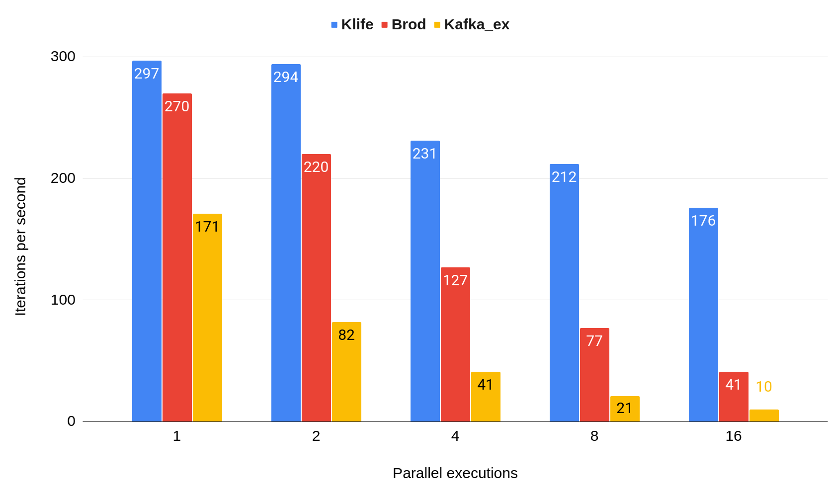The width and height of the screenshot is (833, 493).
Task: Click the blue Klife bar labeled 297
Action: pyautogui.click(x=147, y=241)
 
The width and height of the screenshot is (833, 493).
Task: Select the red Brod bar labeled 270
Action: pyautogui.click(x=177, y=257)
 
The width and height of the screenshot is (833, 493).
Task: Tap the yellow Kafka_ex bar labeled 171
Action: pyautogui.click(x=207, y=318)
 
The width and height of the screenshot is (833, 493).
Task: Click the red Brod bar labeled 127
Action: pyautogui.click(x=455, y=344)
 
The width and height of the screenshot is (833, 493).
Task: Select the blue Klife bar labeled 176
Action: pyautogui.click(x=703, y=315)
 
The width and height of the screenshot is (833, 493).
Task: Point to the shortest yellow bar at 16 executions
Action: pyautogui.click(x=764, y=415)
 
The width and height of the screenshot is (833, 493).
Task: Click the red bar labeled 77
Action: pyautogui.click(x=594, y=375)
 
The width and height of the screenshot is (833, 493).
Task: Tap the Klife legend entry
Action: pyautogui.click(x=352, y=24)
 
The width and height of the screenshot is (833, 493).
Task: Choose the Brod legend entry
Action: pyautogui.click(x=404, y=24)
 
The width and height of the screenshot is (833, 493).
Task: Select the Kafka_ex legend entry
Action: pyautogui.click(x=472, y=24)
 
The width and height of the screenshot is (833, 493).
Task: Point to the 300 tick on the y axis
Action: pyautogui.click(x=63, y=56)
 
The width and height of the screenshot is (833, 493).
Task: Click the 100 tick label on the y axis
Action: pyautogui.click(x=63, y=300)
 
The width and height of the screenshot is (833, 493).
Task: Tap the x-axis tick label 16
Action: pyautogui.click(x=733, y=436)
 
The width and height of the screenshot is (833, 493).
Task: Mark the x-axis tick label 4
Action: pyautogui.click(x=455, y=436)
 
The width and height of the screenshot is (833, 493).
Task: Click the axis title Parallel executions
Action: pyautogui.click(x=455, y=473)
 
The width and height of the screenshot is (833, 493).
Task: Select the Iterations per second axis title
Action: pyautogui.click(x=20, y=246)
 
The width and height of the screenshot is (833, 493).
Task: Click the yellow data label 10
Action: pyautogui.click(x=764, y=387)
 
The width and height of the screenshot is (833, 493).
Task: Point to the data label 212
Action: pyautogui.click(x=564, y=177)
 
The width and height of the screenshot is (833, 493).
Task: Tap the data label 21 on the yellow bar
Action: pyautogui.click(x=624, y=408)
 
